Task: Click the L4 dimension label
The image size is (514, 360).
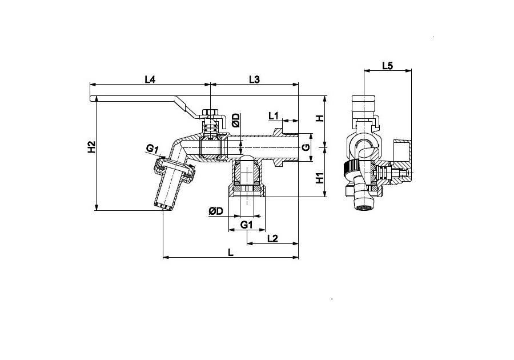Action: click(150, 79)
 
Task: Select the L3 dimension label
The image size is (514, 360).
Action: click(254, 79)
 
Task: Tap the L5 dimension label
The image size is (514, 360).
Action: click(387, 66)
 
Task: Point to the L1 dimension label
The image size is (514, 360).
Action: click(274, 116)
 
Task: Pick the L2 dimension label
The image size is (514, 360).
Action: click(273, 238)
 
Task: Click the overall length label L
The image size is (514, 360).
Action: click(231, 253)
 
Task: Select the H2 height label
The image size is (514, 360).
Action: click(91, 146)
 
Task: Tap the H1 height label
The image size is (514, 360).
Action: click(320, 178)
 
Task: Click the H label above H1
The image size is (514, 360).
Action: click(320, 118)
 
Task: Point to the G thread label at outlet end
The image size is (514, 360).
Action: click(306, 147)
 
